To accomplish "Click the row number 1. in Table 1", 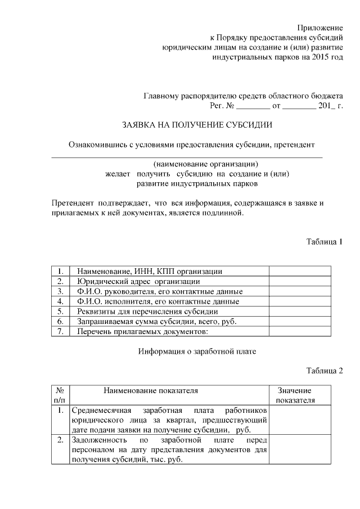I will pyautogui.click(x=60, y=271).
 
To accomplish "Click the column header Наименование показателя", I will pyautogui.click(x=150, y=390).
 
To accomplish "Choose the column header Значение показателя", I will pyautogui.click(x=295, y=395).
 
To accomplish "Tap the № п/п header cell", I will pyautogui.click(x=60, y=395).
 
